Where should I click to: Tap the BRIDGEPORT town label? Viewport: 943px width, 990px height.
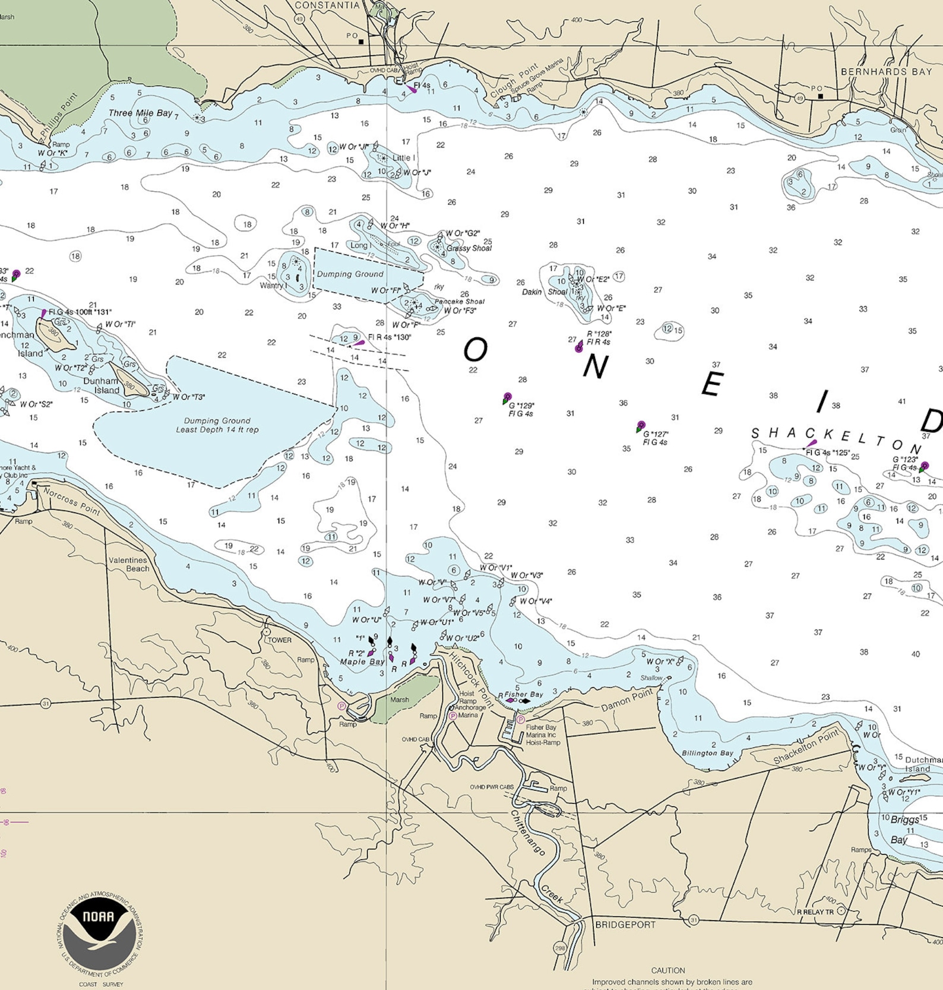[625, 925]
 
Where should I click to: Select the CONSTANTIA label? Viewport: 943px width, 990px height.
[327, 5]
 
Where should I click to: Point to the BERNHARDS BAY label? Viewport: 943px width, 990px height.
[886, 72]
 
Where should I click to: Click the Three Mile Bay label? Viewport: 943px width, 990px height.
[140, 113]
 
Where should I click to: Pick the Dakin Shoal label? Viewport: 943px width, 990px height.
[545, 292]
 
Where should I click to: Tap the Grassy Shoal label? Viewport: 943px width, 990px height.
[469, 248]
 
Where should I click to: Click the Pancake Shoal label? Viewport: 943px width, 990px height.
[459, 302]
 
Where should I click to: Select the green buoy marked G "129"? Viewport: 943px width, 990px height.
[507, 398]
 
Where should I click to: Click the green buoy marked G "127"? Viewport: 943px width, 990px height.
[640, 426]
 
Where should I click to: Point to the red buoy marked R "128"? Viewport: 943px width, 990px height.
[579, 347]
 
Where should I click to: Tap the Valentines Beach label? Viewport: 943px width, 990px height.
[129, 564]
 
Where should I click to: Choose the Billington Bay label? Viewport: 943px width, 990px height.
[707, 753]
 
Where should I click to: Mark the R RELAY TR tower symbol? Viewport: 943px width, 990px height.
[841, 911]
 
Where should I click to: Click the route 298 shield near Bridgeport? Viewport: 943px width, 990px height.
[560, 948]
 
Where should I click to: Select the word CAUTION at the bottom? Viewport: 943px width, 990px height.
[668, 970]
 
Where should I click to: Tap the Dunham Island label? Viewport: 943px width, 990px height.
[102, 385]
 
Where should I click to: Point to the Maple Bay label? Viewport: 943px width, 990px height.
[362, 662]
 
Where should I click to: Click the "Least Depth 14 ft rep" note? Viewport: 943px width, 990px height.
[217, 429]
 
